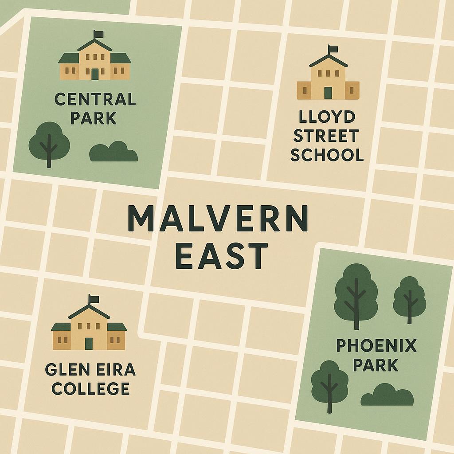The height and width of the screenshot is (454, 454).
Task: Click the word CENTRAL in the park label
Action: click(95, 99)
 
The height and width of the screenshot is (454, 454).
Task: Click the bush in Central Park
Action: click(113, 152)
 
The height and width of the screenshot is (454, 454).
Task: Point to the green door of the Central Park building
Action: click(95, 74)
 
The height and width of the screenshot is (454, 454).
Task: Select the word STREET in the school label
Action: click(327, 136)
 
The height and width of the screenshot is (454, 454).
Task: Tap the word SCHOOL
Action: click(327, 155)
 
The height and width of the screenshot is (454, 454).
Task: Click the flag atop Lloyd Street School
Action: click(333, 49)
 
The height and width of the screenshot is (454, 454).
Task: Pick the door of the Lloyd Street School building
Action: click(328, 93)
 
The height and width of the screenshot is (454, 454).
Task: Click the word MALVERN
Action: click(218, 219)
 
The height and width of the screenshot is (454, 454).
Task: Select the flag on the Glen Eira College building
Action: click(94, 298)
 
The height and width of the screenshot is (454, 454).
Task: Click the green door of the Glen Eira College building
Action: click(89, 344)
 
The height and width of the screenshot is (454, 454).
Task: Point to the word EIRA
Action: click(115, 369)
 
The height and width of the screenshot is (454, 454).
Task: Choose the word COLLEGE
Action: click(90, 388)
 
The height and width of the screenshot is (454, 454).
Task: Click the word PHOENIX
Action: click(376, 345)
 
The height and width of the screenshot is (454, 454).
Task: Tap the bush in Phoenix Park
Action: click(387, 395)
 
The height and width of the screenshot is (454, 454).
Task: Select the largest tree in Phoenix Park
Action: click(356, 293)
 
